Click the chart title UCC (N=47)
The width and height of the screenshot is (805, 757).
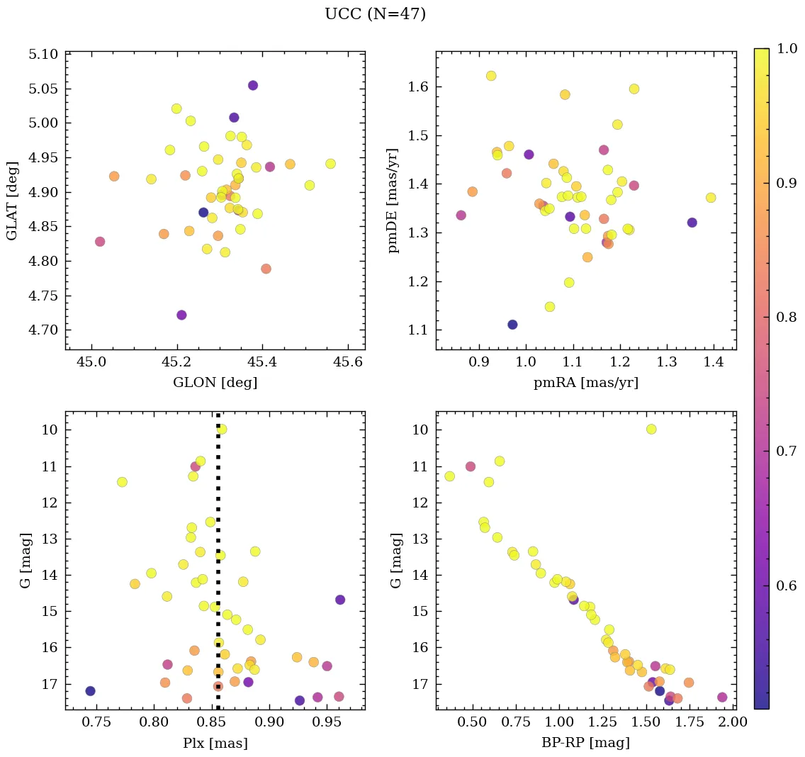pyautogui.click(x=375, y=14)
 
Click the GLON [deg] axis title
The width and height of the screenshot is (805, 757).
pyautogui.click(x=215, y=383)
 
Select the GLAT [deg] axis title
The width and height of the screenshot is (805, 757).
pyautogui.click(x=12, y=200)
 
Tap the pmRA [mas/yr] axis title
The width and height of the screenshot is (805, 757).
pyautogui.click(x=585, y=383)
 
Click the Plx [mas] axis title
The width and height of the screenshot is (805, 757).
pyautogui.click(x=215, y=743)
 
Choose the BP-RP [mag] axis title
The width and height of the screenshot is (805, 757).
pyautogui.click(x=585, y=743)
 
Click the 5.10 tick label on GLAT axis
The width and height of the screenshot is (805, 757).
pyautogui.click(x=44, y=55)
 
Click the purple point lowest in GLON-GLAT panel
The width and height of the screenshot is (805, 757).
pyautogui.click(x=181, y=315)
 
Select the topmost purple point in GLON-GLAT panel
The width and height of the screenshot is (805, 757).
pyautogui.click(x=253, y=85)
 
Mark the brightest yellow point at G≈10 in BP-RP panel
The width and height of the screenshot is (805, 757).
pyautogui.click(x=651, y=429)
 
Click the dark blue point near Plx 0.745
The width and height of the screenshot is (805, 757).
pyautogui.click(x=90, y=691)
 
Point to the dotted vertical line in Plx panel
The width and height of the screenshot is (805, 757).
pyautogui.click(x=218, y=539)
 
